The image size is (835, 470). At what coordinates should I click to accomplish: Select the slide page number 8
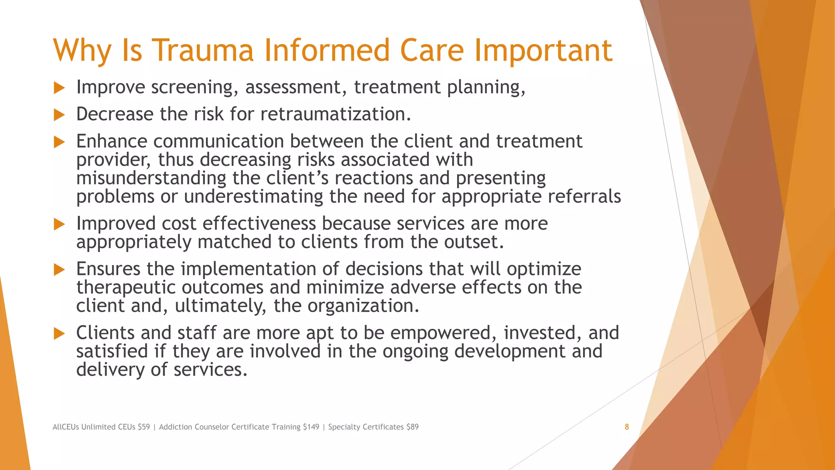[627, 427]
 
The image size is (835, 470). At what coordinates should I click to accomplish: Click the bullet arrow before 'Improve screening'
[60, 88]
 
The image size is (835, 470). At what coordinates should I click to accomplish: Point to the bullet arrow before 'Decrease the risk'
[60, 115]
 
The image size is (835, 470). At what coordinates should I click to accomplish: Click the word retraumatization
[335, 114]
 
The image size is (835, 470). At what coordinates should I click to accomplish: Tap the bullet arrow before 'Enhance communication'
[60, 142]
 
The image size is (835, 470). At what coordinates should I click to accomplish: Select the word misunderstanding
[151, 178]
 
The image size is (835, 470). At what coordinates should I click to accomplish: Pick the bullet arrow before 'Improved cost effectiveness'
[60, 224]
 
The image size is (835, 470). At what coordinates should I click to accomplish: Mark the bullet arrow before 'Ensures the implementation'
[60, 269]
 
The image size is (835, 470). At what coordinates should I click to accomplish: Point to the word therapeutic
[126, 288]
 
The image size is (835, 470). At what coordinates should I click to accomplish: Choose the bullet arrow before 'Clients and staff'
[60, 333]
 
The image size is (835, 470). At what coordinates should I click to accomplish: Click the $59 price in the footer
[144, 427]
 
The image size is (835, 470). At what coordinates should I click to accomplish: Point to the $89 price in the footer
[412, 427]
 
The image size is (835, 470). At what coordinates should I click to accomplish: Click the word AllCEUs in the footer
[66, 427]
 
